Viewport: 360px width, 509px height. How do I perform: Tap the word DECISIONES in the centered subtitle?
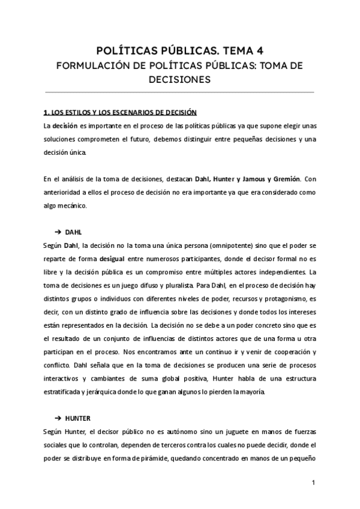point(179,79)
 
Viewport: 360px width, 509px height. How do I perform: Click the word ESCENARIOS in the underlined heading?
point(134,112)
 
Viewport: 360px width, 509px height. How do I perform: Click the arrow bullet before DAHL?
point(58,232)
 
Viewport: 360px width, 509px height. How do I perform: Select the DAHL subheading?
point(73,232)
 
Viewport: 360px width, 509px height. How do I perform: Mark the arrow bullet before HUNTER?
point(58,417)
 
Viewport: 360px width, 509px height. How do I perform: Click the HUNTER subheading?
point(78,417)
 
